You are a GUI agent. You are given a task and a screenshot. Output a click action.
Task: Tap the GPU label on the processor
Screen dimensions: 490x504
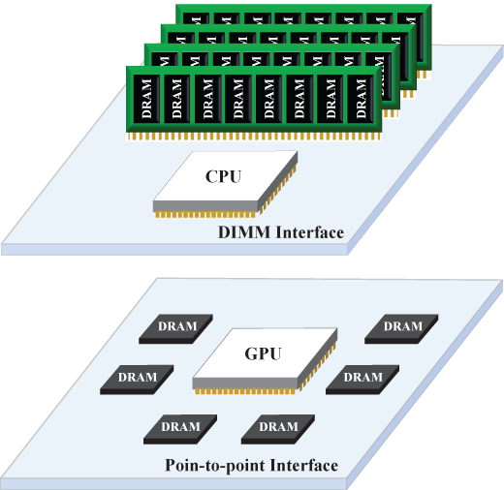263,353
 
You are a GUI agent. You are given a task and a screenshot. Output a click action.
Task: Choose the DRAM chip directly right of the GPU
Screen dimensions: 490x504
362,378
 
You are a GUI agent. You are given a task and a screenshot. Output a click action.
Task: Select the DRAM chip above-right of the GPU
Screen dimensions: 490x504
402,327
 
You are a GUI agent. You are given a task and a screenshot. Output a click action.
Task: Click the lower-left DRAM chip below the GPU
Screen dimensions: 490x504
180,427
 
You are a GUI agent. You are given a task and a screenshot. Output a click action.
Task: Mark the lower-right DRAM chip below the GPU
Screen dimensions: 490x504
279,427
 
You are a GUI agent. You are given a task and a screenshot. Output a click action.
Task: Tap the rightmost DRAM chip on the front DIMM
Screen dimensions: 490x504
362,98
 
